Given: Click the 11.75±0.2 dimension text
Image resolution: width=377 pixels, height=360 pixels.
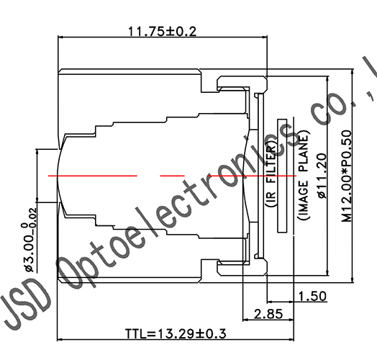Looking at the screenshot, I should click(x=162, y=31).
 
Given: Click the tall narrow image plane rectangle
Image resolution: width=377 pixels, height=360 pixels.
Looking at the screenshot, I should click(x=282, y=176).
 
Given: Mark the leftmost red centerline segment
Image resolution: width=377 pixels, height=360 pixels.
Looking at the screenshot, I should click(x=93, y=175).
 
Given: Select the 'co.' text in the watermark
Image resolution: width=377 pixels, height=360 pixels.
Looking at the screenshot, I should click(x=327, y=108).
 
